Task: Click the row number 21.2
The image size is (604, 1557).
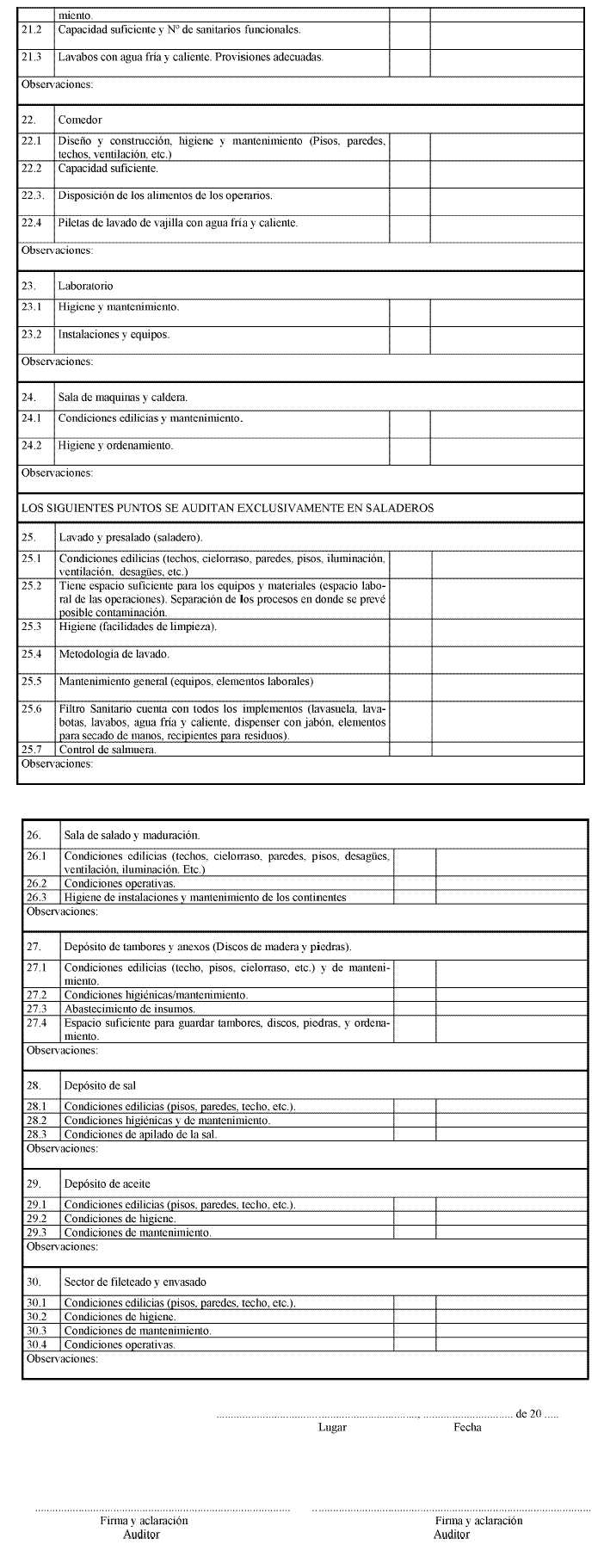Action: [x=31, y=29]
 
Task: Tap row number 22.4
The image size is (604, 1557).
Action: [x=31, y=223]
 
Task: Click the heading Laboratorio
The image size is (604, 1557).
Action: [x=85, y=286]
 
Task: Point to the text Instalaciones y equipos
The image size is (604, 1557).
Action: [x=114, y=334]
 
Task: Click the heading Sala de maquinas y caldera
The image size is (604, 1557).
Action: [x=122, y=397]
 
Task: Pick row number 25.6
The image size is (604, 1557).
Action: [x=31, y=708]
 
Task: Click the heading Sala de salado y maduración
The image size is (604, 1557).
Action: [x=132, y=835]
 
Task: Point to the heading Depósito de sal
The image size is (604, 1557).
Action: [x=100, y=1084]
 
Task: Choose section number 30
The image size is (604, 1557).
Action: [x=34, y=1282]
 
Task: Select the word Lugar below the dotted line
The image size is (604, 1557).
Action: [x=332, y=1427]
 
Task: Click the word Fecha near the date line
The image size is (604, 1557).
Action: [x=467, y=1427]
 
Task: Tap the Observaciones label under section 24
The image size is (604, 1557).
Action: [x=56, y=473]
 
